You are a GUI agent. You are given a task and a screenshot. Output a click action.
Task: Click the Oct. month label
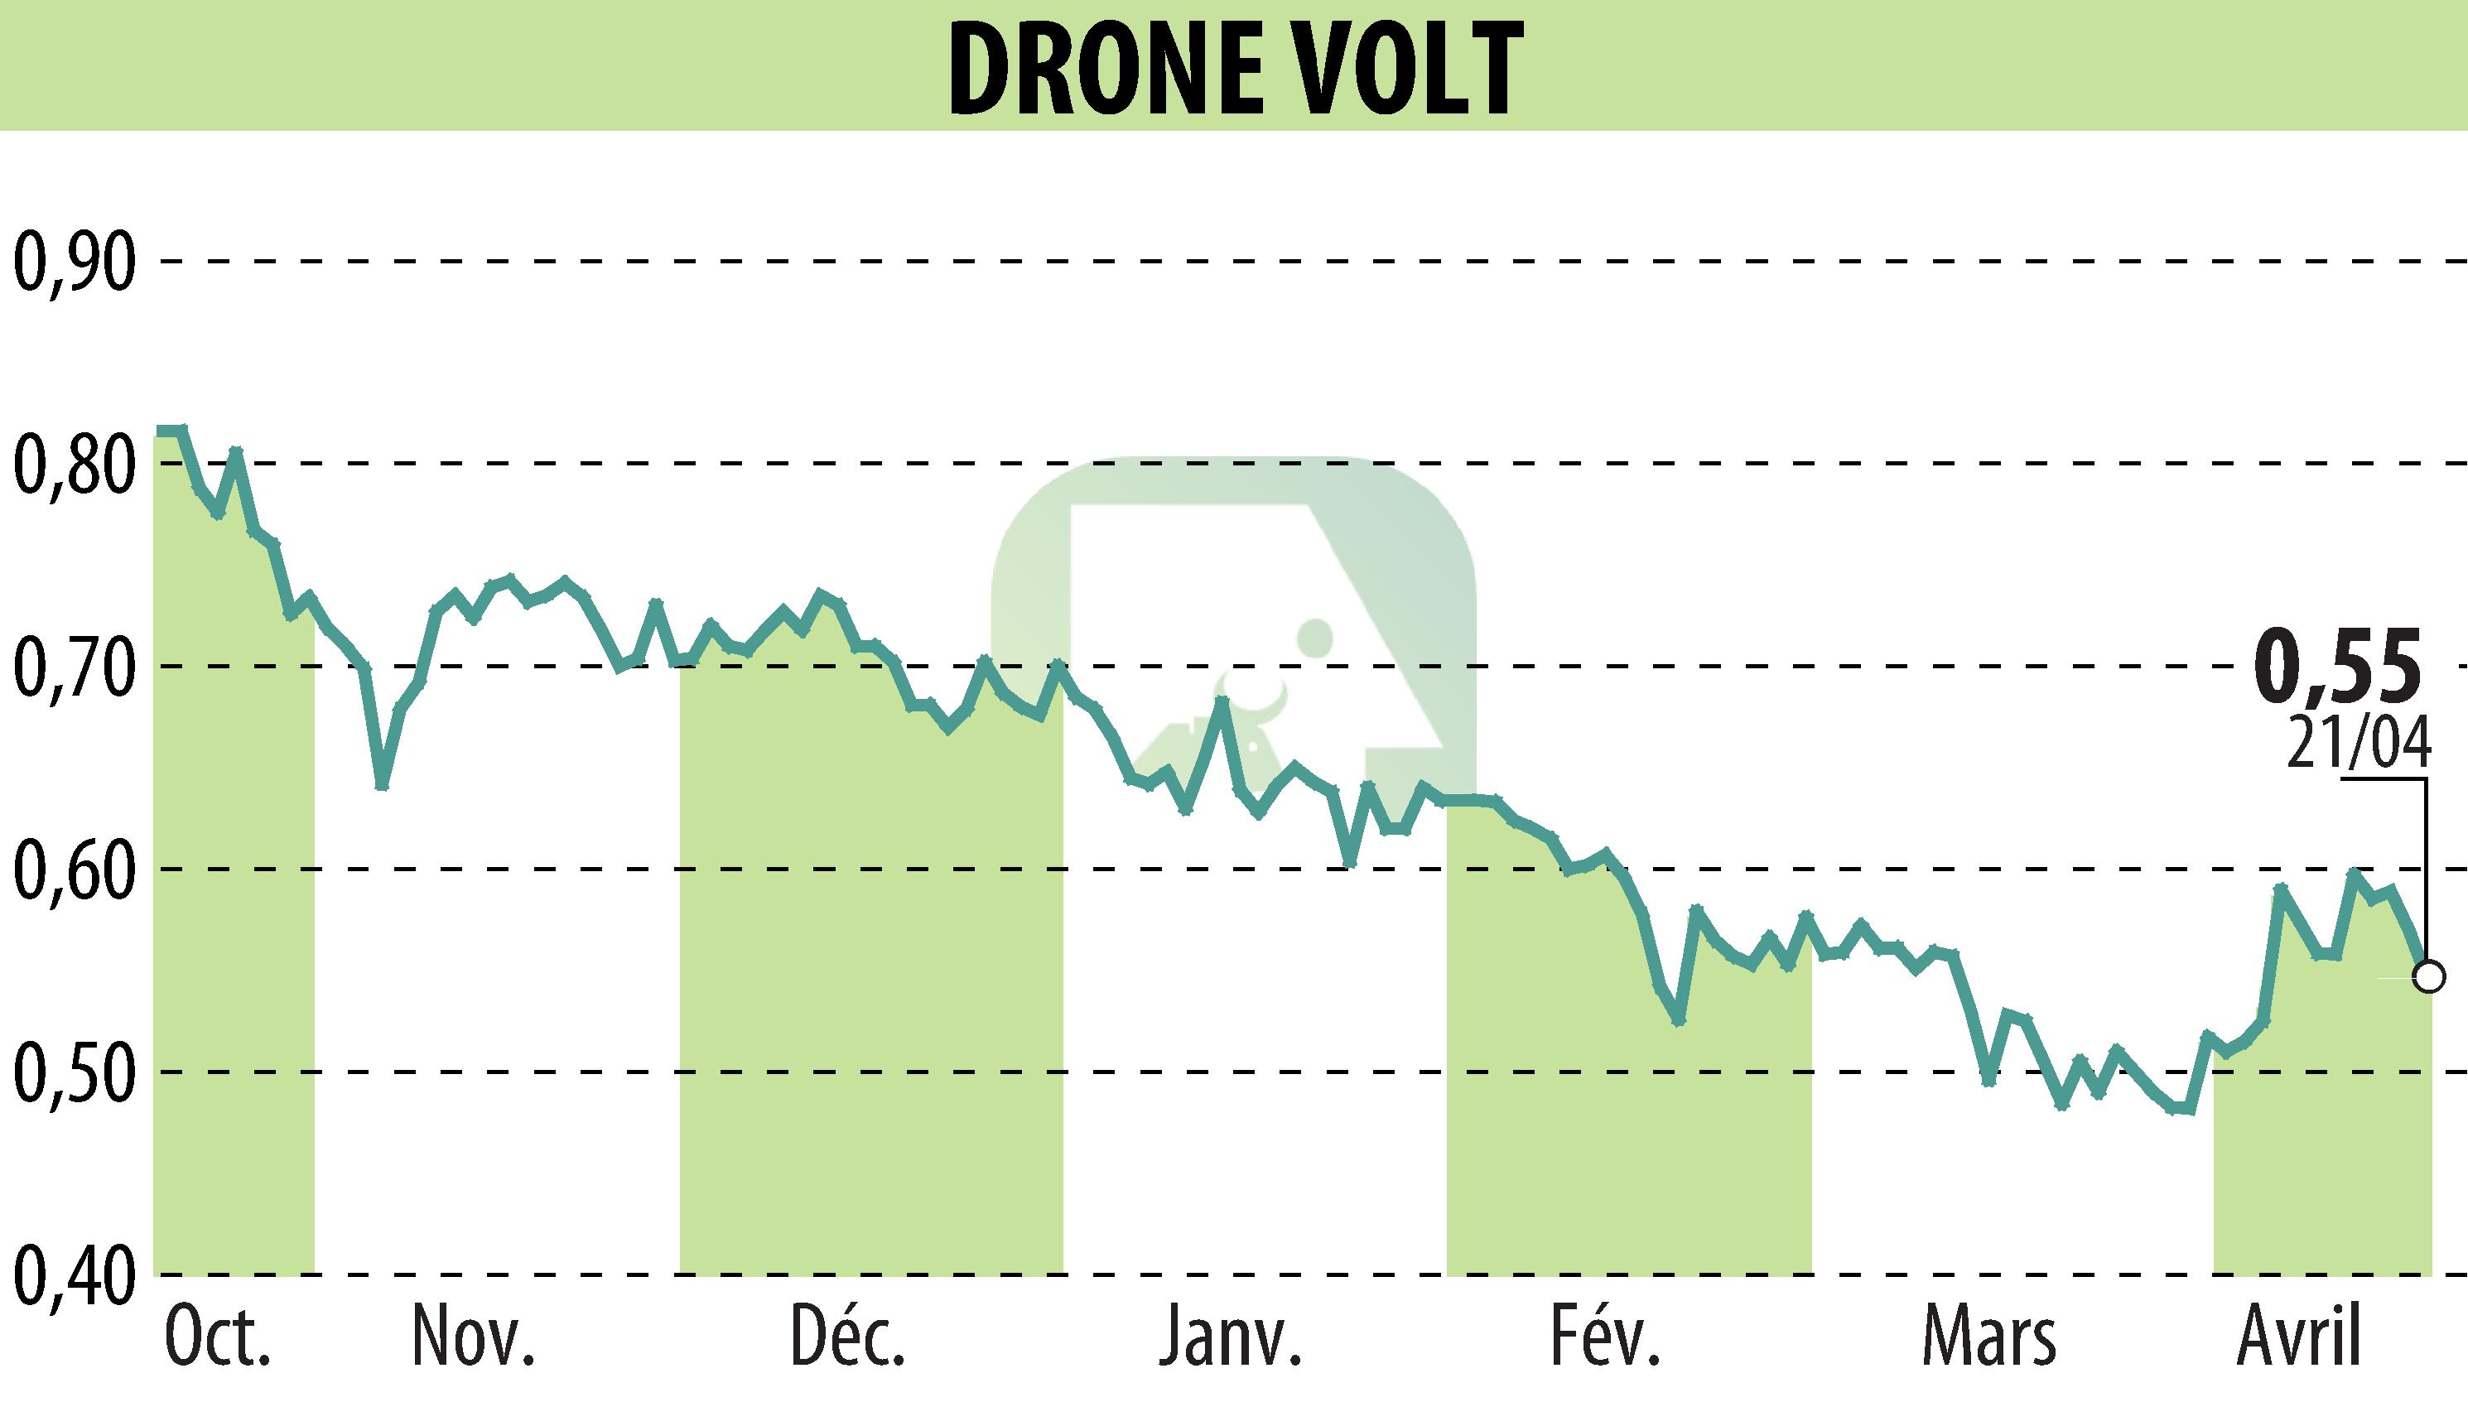click(x=218, y=1338)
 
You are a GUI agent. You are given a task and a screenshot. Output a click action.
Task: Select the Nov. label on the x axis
click(x=472, y=1338)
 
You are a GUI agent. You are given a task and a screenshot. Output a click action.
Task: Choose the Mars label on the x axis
click(x=1989, y=1338)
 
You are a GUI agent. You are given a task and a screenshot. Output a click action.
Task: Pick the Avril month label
click(x=2298, y=1338)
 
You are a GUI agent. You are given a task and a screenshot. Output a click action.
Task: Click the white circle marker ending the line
click(x=2429, y=976)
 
